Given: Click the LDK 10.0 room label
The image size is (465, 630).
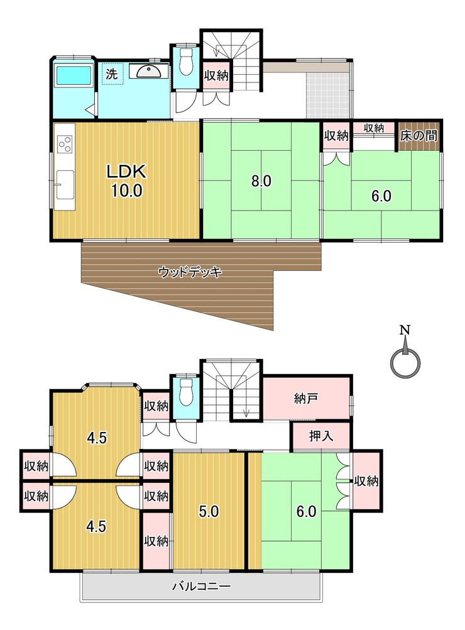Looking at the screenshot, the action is pos(126,181).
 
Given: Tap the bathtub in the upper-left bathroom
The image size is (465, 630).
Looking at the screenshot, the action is pos(74,75).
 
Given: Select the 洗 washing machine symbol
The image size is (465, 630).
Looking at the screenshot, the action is pos(112,74).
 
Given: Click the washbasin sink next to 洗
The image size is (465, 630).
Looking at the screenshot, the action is pos(149,72).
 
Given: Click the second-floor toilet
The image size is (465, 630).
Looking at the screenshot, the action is pos(186,391).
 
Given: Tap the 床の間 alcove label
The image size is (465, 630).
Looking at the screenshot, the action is pos(419,135).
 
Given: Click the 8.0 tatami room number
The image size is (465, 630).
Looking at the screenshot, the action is pos(261,181).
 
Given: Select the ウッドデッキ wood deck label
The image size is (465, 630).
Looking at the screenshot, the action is pos(190,272).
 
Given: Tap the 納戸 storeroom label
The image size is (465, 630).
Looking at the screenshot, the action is pos(307,399).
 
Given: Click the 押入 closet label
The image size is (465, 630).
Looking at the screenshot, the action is pos(321,436).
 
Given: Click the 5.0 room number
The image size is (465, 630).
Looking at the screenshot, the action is pos(209,511).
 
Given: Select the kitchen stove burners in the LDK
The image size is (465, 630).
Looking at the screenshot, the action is pos(65,144).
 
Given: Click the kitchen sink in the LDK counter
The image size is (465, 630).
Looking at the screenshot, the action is pos(65,184).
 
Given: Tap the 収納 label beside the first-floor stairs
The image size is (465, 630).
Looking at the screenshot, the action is pos(216,75).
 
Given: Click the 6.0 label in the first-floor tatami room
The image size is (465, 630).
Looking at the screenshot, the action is pos(381,196).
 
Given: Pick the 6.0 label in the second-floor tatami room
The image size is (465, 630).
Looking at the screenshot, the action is pos(307,511).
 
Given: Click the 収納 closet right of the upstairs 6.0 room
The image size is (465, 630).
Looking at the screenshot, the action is pos(366,480).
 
